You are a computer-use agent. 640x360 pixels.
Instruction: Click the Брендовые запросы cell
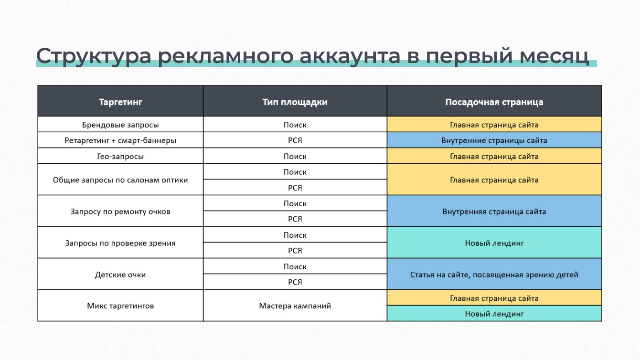[x=120, y=124]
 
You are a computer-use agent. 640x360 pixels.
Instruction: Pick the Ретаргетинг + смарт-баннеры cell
[x=120, y=140]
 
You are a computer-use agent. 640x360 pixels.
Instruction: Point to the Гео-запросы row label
[x=120, y=156]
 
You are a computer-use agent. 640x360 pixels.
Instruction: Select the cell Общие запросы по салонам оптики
[x=120, y=180]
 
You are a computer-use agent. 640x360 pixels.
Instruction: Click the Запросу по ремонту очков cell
[x=120, y=211]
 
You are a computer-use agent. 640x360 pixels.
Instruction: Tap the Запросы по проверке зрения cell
[x=120, y=243]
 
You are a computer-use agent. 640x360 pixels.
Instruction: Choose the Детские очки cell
[x=120, y=274]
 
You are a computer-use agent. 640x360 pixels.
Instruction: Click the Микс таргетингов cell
[x=120, y=306]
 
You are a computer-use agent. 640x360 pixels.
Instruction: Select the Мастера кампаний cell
[x=295, y=306]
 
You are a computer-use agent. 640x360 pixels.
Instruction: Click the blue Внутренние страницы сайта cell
[x=494, y=140]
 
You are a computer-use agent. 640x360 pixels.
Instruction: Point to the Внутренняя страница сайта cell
[x=494, y=211]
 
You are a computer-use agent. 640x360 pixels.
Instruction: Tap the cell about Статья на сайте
[x=494, y=274]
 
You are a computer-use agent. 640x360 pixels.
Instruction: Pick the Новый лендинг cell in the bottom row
[x=494, y=313]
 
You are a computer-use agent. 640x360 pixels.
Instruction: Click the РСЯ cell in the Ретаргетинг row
[x=295, y=140]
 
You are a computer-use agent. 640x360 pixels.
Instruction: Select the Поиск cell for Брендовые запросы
[x=295, y=124]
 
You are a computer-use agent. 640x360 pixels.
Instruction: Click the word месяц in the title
[x=554, y=56]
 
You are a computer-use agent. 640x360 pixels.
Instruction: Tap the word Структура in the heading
[x=94, y=56]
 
